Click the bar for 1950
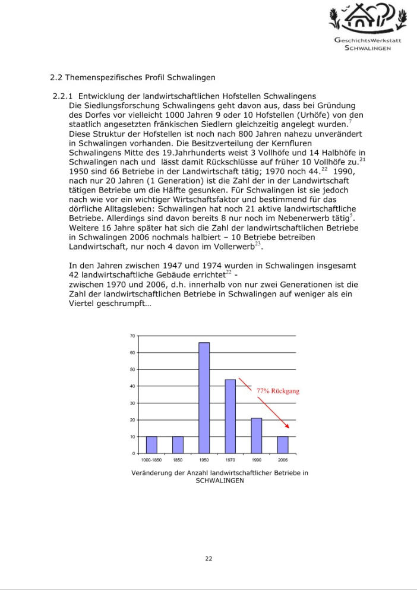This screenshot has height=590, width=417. click(x=204, y=397)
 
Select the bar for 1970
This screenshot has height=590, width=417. click(x=230, y=416)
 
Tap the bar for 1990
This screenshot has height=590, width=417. click(x=256, y=436)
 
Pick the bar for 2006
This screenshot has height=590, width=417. click(x=283, y=444)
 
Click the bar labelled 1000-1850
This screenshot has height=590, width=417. click(x=151, y=444)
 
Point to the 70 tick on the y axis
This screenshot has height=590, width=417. click(x=132, y=336)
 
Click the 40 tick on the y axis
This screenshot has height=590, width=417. click(x=132, y=386)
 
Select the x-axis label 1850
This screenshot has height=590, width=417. click(x=178, y=460)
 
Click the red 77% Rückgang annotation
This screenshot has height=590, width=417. click(x=277, y=392)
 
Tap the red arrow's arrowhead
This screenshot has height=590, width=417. click(x=288, y=426)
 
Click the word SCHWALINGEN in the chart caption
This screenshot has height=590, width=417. click(x=220, y=481)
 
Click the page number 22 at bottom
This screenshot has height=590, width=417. click(x=208, y=558)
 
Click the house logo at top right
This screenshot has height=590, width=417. click(x=368, y=18)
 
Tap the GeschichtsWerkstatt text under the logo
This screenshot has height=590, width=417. click(x=368, y=40)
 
